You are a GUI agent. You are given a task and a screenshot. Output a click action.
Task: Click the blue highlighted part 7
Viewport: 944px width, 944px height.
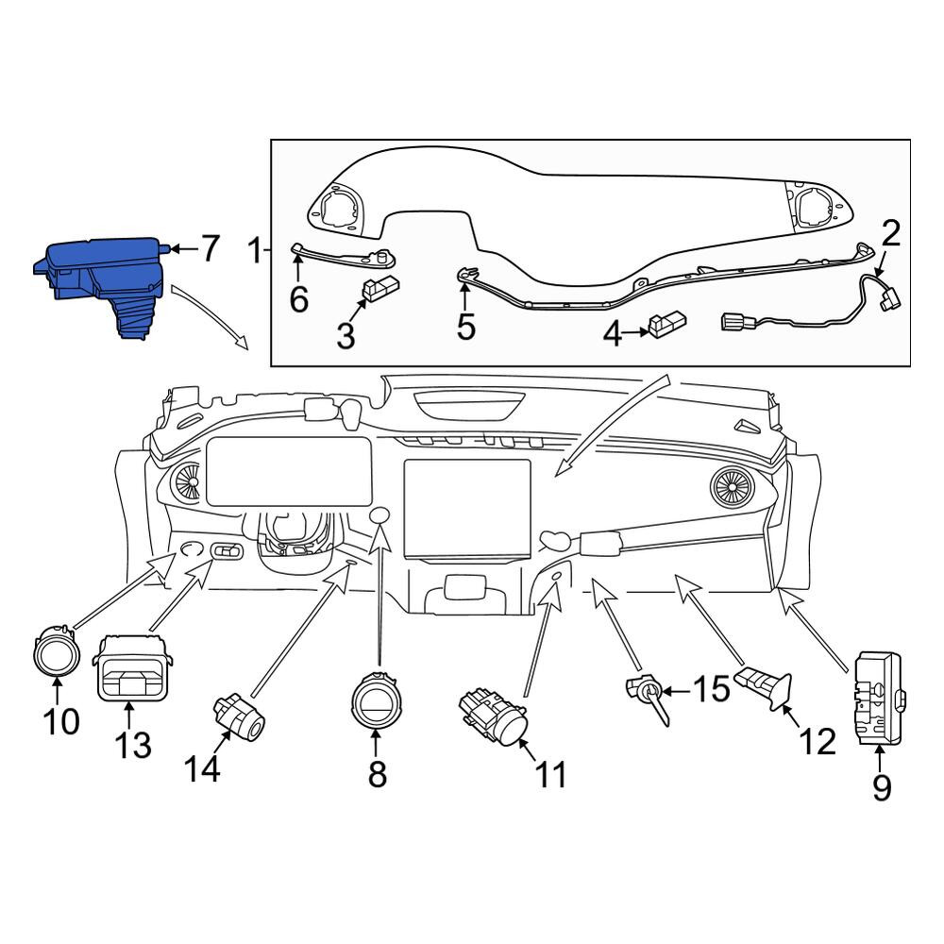pyautogui.click(x=99, y=283)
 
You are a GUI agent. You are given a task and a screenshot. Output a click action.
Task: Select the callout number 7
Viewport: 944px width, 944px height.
pyautogui.click(x=209, y=248)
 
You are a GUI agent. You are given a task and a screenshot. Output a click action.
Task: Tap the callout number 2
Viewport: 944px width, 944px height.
pyautogui.click(x=891, y=233)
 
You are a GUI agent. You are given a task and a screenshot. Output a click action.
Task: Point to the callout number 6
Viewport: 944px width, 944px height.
pyautogui.click(x=299, y=299)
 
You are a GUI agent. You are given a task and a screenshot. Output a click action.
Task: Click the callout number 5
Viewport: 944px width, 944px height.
pyautogui.click(x=466, y=327)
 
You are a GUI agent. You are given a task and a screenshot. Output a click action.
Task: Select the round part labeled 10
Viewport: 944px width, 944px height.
pyautogui.click(x=57, y=652)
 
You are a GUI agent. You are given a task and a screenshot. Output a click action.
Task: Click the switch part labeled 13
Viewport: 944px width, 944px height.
pyautogui.click(x=133, y=668)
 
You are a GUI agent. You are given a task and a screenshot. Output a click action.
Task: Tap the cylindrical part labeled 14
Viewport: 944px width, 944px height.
pyautogui.click(x=240, y=716)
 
